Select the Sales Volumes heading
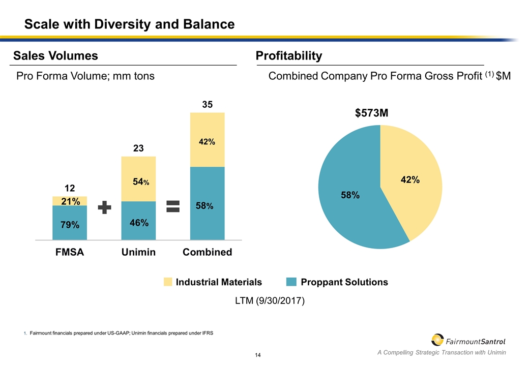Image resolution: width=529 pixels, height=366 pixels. pyautogui.click(x=55, y=56)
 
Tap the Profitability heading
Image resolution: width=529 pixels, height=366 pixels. pyautogui.click(x=289, y=56)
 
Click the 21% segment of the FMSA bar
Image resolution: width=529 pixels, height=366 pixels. pyautogui.click(x=70, y=201)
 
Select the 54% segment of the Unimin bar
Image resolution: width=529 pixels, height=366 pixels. pyautogui.click(x=138, y=179)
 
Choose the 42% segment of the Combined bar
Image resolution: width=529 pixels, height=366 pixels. pyautogui.click(x=207, y=140)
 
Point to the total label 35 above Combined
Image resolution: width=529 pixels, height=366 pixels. pyautogui.click(x=207, y=105)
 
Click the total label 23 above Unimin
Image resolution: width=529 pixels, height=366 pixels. pyautogui.click(x=138, y=148)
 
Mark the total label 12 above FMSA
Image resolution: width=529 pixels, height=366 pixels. pyautogui.click(x=70, y=188)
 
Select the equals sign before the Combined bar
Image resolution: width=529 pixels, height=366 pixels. pyautogui.click(x=173, y=206)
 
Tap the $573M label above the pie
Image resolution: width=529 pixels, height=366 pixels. pyautogui.click(x=372, y=113)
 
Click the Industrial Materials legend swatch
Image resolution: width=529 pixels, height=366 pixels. pyautogui.click(x=168, y=282)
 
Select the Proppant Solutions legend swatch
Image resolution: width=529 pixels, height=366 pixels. pyautogui.click(x=291, y=282)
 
